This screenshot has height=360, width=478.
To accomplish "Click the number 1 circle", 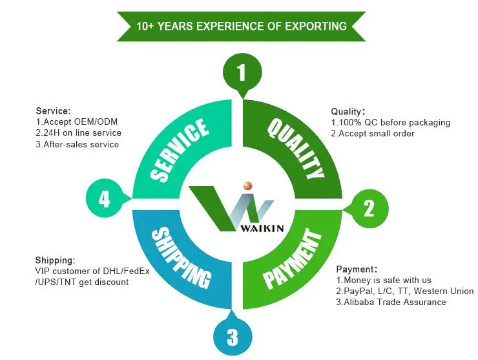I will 241,72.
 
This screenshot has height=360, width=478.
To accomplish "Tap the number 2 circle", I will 368,207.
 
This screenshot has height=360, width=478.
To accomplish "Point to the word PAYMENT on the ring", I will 291,259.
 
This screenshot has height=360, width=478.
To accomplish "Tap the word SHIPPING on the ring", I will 182,257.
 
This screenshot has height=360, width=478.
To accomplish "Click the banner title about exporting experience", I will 242,26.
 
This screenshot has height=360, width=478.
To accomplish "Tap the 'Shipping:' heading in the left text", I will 55,260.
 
